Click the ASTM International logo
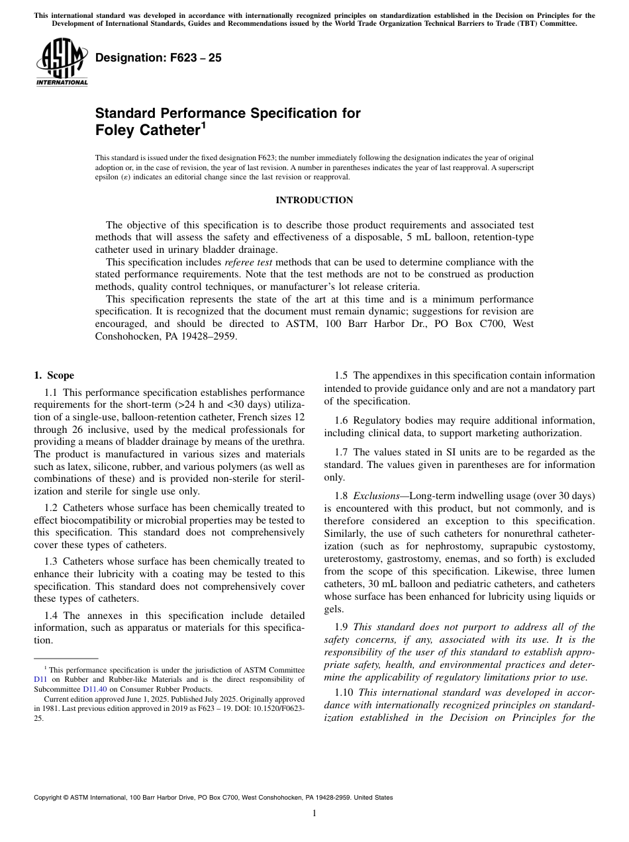coord(61,62)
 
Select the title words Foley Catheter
coord(146,130)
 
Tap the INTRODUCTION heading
coord(314,200)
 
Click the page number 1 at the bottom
coord(314,814)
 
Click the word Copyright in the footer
coord(50,798)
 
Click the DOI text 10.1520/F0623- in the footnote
coord(277,708)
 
